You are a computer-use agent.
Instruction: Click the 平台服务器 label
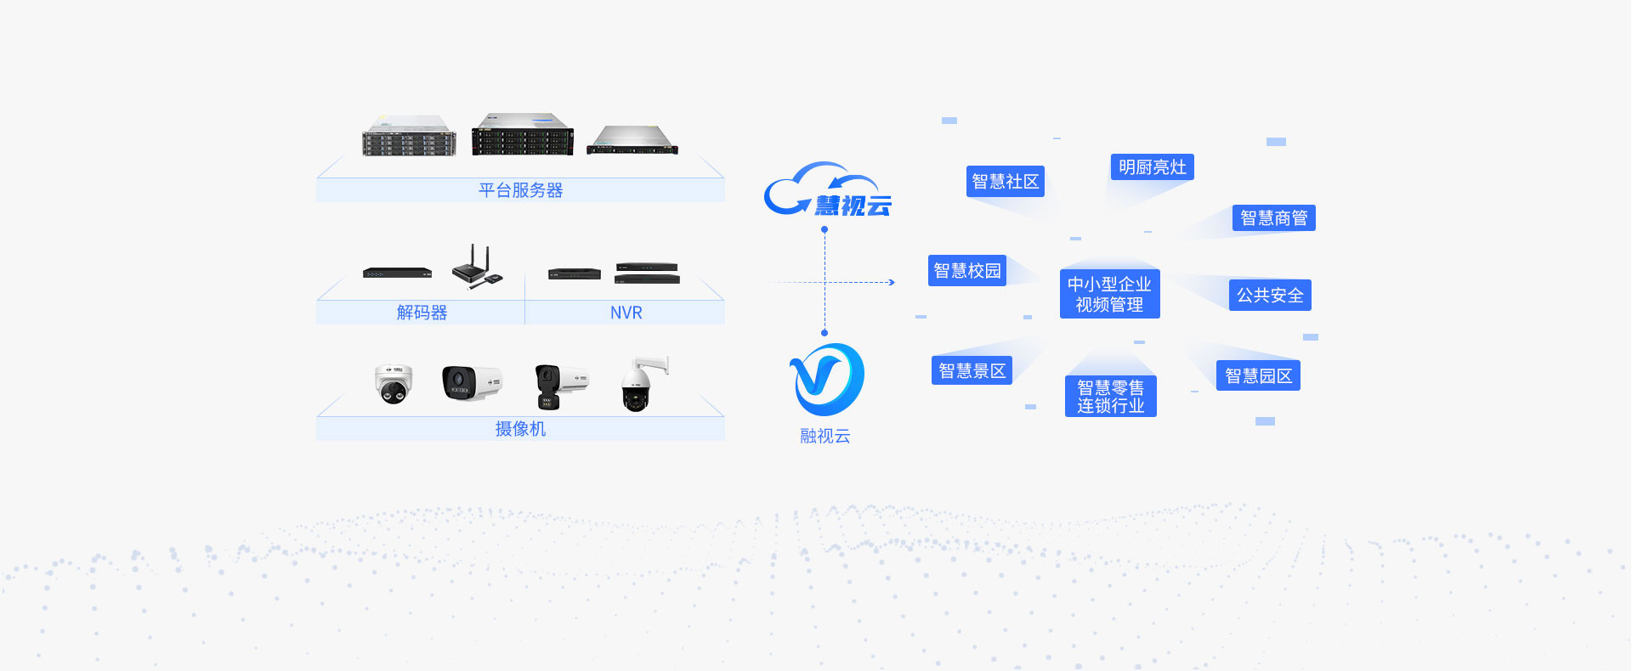520,190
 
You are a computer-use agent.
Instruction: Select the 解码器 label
422,313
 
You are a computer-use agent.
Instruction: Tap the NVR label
626,313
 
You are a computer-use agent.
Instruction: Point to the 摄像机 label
520,429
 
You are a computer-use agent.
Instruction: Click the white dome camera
394,384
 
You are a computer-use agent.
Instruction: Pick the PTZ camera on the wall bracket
643,384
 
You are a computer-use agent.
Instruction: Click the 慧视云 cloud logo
827,190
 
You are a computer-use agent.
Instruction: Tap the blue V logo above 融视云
825,380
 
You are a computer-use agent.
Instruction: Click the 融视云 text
824,436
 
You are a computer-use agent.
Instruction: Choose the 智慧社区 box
1005,182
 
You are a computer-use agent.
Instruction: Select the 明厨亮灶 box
1152,167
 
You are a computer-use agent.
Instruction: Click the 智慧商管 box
1273,218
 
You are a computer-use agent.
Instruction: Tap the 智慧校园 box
967,271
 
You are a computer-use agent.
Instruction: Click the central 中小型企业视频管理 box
1109,294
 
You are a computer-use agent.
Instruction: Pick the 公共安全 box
1270,296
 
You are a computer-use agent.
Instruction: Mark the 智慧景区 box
972,370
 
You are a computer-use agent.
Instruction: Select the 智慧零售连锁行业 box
1110,397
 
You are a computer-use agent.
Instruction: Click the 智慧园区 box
1258,376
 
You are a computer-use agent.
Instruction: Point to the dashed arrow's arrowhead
892,282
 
